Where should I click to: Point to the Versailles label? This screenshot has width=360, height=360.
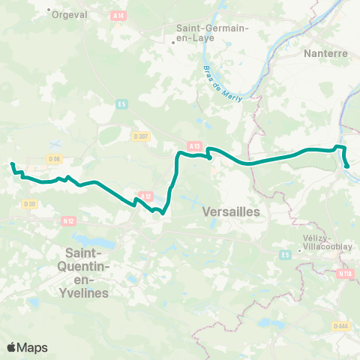point(231,212)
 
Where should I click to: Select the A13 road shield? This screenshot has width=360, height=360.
point(195,146)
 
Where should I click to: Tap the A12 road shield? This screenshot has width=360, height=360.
point(145,196)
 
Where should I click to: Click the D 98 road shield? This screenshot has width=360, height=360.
point(54,158)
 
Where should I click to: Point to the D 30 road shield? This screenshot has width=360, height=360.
point(29,203)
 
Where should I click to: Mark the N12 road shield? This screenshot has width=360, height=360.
point(69,220)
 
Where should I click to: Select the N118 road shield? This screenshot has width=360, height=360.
point(345,274)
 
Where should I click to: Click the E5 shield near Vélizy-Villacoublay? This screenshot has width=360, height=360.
point(285,256)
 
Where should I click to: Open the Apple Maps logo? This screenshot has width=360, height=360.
point(27,347)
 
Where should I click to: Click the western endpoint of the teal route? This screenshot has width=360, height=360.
point(12,163)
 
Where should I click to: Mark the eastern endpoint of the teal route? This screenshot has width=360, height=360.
point(347,166)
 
